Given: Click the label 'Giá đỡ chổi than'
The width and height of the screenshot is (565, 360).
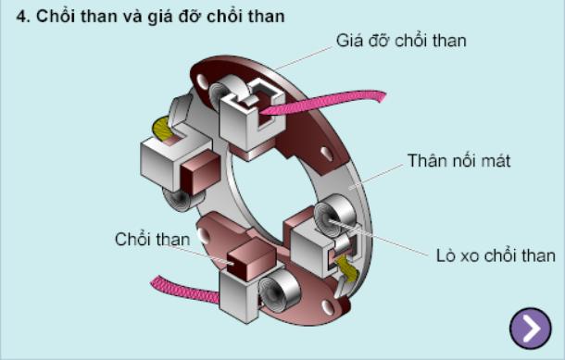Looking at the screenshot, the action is (x=401, y=41).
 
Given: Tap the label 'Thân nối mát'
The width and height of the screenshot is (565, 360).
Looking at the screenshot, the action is (x=458, y=160).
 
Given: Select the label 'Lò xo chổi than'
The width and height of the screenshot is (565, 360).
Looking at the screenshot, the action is (x=496, y=255).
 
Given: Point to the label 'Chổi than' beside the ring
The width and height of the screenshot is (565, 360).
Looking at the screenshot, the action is (x=152, y=239).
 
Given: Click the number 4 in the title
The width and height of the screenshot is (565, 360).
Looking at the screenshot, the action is (x=21, y=17).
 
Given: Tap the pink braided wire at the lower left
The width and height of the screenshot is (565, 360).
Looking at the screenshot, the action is (x=184, y=290).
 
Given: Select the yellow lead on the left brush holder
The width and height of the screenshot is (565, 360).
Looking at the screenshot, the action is (x=162, y=129).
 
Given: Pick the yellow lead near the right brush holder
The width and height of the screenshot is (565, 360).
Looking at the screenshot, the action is (x=346, y=267).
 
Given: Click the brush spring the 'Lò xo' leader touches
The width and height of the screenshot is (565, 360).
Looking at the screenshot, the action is (x=334, y=215).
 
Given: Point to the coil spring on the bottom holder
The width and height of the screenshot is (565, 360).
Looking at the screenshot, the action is (x=279, y=291).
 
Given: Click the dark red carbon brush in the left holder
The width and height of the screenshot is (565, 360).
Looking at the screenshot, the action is (x=200, y=173).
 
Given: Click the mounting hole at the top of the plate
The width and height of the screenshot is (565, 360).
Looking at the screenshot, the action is (x=202, y=82).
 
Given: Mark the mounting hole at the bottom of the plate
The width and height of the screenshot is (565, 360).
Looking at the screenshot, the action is (x=328, y=307).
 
